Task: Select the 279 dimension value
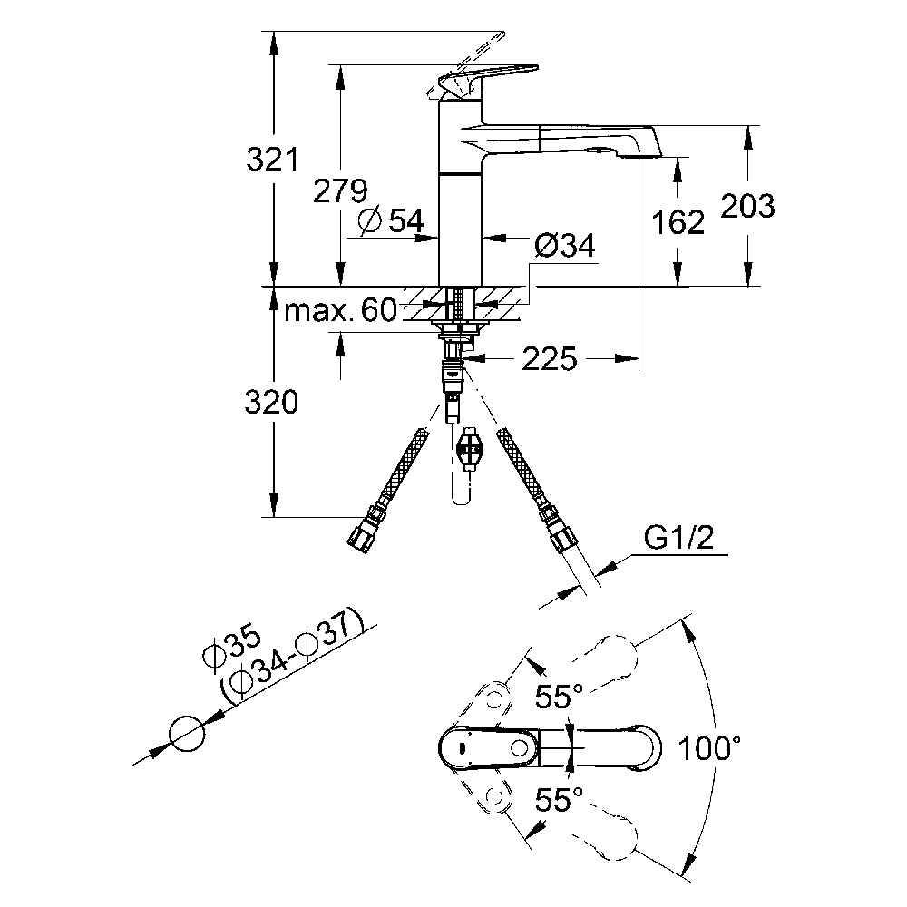point(340,191)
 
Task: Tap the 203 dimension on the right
point(748,207)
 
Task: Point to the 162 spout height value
point(677,221)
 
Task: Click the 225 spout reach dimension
point(549,360)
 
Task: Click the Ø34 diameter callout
point(564,245)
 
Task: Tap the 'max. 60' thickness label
point(340,312)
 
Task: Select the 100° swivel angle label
point(713,748)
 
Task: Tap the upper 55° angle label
point(558,697)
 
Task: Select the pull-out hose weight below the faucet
point(469,448)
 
